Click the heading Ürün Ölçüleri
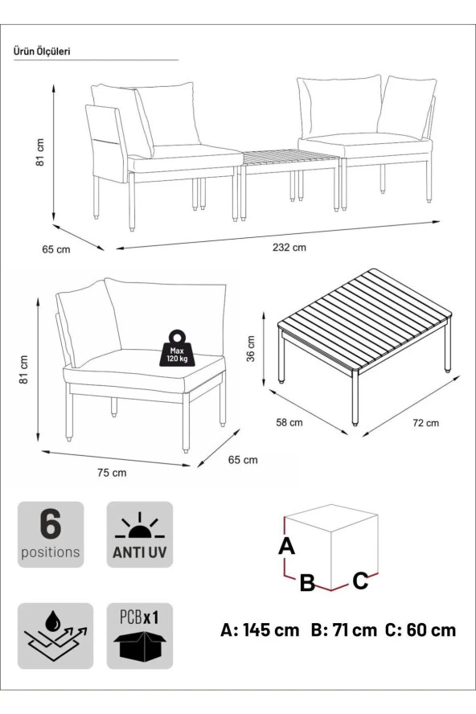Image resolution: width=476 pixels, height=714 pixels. [43, 51]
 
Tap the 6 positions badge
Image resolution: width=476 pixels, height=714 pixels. [51, 535]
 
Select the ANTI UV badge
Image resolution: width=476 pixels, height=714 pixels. [139, 535]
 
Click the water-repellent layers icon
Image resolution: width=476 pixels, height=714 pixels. [51, 636]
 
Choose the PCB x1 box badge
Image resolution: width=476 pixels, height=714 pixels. [139, 636]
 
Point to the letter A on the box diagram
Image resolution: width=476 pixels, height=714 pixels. [286, 547]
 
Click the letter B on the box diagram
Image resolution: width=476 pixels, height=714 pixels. [307, 583]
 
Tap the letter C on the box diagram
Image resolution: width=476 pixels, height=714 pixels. [361, 579]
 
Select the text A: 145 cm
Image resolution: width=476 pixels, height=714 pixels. [260, 630]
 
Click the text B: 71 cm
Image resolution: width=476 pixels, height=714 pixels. [343, 630]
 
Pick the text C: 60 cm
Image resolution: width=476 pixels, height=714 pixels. [420, 630]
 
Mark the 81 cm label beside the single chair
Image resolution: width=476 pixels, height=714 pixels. [24, 367]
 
